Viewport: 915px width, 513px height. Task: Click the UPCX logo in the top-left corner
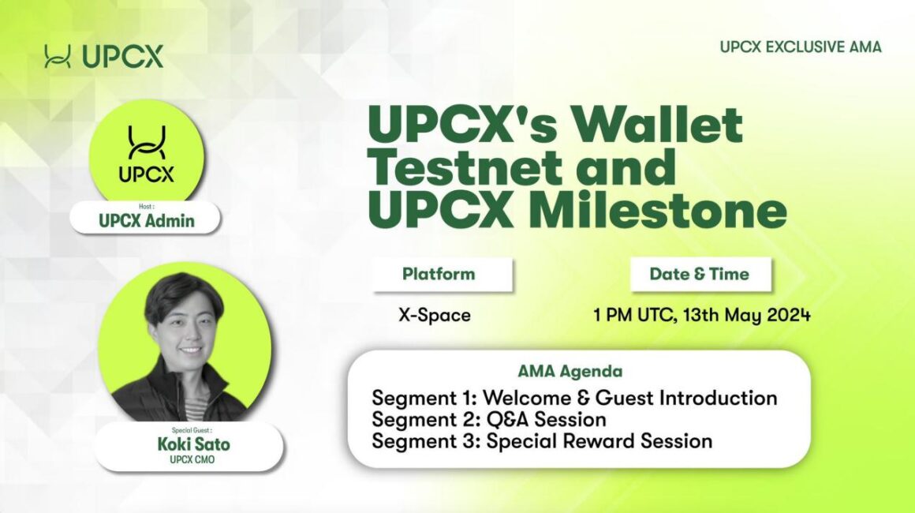tap(104, 57)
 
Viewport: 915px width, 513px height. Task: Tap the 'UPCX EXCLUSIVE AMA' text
tap(801, 47)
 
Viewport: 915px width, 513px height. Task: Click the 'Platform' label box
tap(443, 275)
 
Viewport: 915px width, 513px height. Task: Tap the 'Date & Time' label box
tap(700, 275)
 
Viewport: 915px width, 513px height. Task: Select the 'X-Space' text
tap(435, 315)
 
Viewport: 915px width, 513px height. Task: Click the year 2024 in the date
tap(789, 315)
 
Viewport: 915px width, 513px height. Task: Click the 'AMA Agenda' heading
tap(570, 371)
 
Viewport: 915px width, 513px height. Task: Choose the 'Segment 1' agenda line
tap(574, 398)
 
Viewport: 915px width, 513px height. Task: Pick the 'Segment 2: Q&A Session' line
tap(489, 419)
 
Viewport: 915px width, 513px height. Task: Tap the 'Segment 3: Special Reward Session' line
tap(542, 440)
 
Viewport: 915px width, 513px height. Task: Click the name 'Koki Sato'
tap(194, 444)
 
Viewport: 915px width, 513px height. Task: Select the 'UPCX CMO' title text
tap(192, 460)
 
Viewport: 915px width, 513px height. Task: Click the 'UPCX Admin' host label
tap(147, 221)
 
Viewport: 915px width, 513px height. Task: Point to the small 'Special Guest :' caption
tap(192, 431)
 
